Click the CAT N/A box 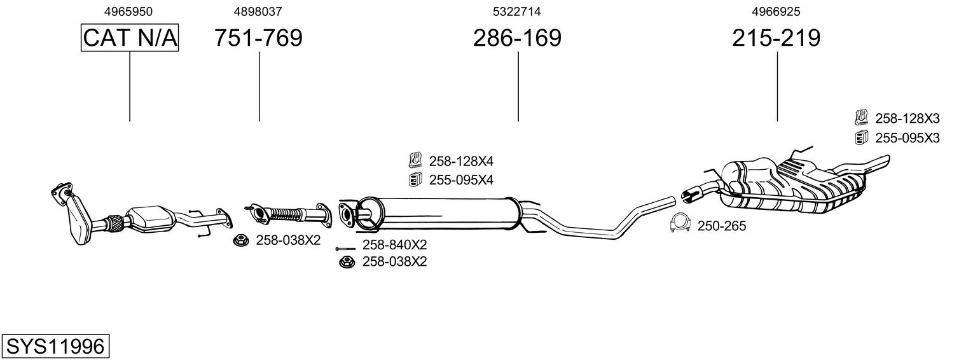[130, 38]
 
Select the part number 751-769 [258, 38]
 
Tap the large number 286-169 [517, 38]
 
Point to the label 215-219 [776, 38]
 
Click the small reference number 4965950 [128, 11]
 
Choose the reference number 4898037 [258, 11]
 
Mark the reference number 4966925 [776, 11]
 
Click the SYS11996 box [55, 347]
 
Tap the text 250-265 [722, 226]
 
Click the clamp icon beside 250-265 [681, 225]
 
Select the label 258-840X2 [394, 245]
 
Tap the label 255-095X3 [907, 137]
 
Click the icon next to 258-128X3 [862, 117]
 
